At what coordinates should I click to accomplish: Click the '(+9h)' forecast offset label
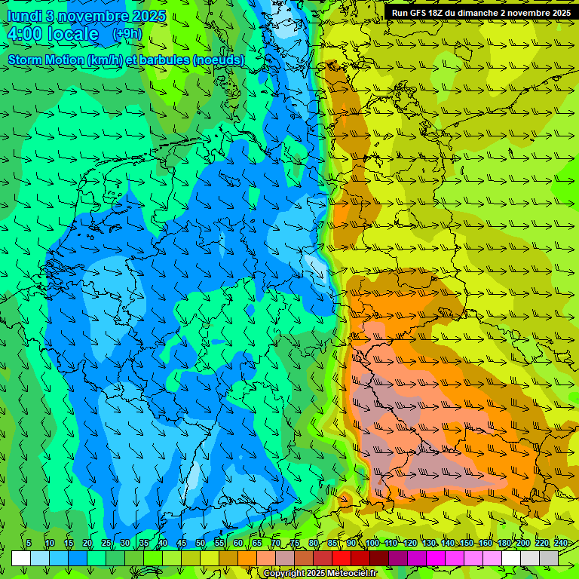[x=127, y=34]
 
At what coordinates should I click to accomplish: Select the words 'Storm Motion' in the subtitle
[x=46, y=60]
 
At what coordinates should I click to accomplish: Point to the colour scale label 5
[x=29, y=544]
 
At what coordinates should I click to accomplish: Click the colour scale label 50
[x=200, y=544]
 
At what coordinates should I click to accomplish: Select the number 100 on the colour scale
[x=372, y=544]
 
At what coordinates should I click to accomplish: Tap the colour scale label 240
[x=560, y=544]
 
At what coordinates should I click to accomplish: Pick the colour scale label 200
[x=522, y=544]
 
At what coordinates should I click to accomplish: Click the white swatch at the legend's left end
[x=21, y=558]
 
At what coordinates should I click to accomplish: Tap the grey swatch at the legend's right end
[x=549, y=558]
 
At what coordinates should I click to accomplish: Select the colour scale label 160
[x=485, y=544]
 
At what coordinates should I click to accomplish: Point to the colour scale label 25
[x=106, y=544]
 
